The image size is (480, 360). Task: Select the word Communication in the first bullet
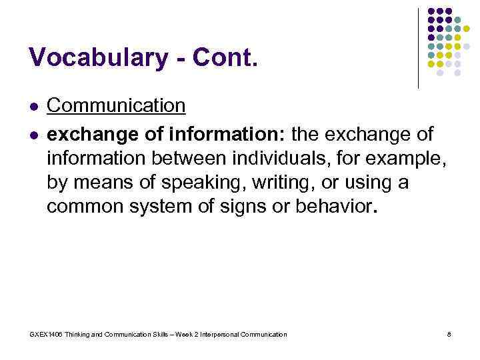point(116,105)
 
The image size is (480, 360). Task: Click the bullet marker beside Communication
point(33,106)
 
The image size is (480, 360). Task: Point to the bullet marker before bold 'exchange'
point(33,135)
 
